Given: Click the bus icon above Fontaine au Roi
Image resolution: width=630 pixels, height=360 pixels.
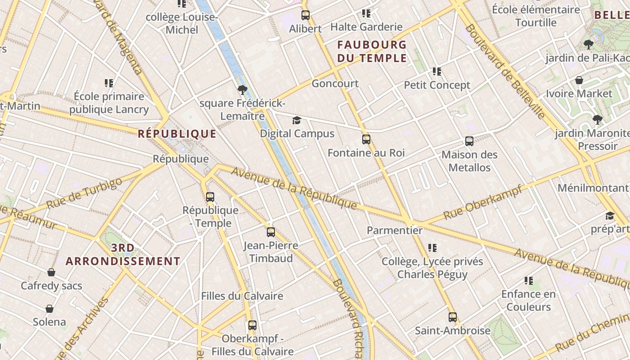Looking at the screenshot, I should pos(366,139).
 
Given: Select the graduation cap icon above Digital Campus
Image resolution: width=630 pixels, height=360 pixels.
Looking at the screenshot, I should pos(297,120).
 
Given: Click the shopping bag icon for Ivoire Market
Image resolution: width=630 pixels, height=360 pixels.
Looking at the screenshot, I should pos(579,81).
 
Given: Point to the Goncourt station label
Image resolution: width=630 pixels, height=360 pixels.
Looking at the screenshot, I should pos(335,83).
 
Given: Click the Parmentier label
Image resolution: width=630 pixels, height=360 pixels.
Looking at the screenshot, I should pos(395,230).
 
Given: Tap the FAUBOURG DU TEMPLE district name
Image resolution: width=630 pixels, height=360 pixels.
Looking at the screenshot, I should pos(372,51).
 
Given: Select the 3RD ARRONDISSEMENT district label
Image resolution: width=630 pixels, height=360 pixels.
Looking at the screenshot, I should pos(123,255).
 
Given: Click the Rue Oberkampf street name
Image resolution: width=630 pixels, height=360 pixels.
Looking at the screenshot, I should pos(483,202).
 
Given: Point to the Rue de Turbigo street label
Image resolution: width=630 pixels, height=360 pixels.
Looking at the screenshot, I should pos(84,193).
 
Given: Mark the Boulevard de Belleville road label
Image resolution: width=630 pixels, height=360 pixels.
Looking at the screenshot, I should pos(505,71).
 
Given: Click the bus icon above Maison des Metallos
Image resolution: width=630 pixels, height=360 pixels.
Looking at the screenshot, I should pos(469,141).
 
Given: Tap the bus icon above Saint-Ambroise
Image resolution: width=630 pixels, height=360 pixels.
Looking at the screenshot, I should pos(452,317).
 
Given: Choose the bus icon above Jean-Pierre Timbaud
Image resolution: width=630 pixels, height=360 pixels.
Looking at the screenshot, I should pos(270,232).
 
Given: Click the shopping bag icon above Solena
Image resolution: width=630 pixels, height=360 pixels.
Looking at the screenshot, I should pos(49,309).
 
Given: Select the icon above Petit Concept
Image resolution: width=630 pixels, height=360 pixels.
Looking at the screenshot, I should pos(436,72).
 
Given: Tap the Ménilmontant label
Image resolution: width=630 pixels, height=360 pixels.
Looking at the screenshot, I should pos(593,188).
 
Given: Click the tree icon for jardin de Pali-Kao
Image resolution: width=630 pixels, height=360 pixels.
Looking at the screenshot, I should pos(588,45).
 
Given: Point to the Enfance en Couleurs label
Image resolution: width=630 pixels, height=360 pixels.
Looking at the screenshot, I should pos(528,301).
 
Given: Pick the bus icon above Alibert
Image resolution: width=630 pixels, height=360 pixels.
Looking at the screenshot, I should pos(306,15).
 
